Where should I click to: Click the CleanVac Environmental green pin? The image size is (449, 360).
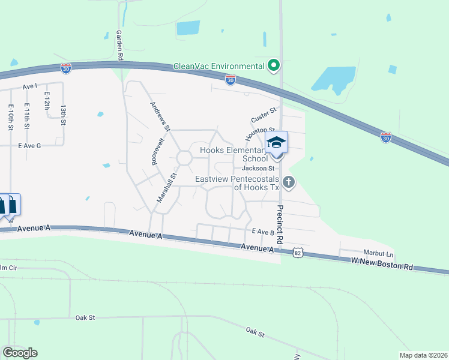point(274,65)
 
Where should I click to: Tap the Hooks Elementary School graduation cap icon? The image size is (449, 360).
point(277,143)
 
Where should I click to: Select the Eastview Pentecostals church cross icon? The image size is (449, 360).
point(289,182)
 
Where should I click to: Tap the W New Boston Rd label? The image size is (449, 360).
point(382,263)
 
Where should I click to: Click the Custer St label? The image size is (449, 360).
point(264,113)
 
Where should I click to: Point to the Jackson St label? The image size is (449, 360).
point(262,169)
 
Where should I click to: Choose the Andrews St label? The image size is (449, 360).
point(160,115)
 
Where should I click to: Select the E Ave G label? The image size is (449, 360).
point(29,146)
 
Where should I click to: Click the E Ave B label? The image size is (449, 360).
point(263,232)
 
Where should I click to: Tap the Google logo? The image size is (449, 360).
point(20,352)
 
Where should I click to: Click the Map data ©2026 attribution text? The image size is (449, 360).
point(423,355)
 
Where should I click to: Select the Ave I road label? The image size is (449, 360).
point(30,86)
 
